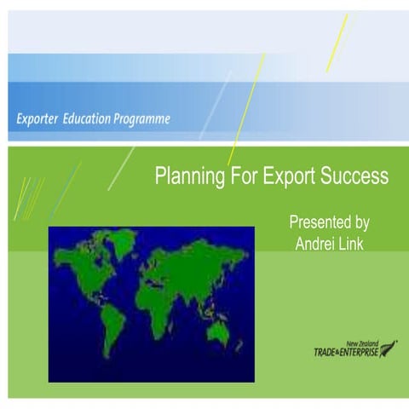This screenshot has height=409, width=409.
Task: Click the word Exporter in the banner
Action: (x=39, y=118)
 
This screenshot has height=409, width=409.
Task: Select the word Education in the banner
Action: (x=92, y=118)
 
